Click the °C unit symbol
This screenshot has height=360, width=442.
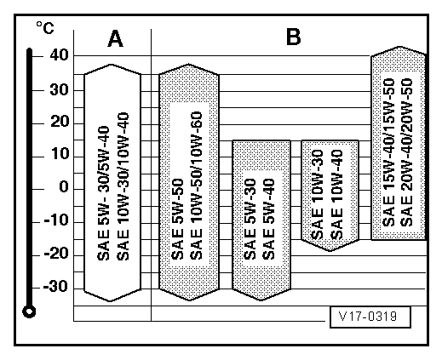pos(45,28)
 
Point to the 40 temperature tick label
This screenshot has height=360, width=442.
pos(60,54)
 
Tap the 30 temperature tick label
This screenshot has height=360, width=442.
pos(60,90)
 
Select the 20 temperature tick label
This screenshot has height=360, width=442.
pos(60,123)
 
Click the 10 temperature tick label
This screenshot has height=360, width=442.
pos(60,154)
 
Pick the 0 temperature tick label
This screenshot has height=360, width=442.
pos(64,187)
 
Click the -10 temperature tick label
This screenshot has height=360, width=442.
pos(56,220)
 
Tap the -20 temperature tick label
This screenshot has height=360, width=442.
pos(56,254)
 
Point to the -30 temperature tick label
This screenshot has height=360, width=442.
pos(55,287)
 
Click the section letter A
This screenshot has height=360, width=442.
pos(116,39)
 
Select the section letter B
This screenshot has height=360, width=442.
pos(293,37)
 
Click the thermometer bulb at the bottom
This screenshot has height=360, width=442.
pos(29,311)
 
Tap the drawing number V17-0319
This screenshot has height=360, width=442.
pos(368,316)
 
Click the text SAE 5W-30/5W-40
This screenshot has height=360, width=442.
pos(103,193)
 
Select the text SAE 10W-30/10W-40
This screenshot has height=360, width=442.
pos(123,186)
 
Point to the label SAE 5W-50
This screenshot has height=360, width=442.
pos(177,219)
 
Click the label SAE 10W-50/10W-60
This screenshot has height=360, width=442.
pos(196,186)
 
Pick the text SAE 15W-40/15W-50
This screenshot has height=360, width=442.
pos(388,152)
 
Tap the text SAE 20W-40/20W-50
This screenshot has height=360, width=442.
pos(407,152)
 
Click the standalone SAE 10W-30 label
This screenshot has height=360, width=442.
pos(318,194)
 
